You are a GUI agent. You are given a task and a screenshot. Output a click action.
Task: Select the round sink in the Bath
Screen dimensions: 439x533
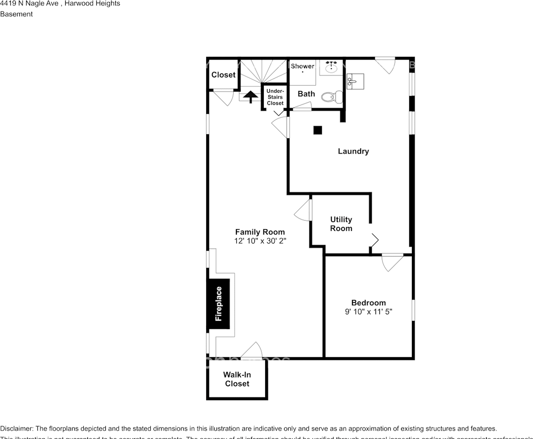[331, 69]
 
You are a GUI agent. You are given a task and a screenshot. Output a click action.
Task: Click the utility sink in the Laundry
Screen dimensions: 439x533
[355, 81]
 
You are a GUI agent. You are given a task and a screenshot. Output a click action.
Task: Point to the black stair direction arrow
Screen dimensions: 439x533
[250, 97]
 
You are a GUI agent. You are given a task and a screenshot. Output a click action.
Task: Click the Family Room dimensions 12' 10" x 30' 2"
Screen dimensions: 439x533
[260, 241]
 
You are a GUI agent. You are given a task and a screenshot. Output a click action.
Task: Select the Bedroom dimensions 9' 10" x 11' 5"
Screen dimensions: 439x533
[368, 312]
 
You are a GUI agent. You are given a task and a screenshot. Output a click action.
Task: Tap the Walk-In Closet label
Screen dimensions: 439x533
[237, 379]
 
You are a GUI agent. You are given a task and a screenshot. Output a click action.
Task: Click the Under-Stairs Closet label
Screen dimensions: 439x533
[275, 97]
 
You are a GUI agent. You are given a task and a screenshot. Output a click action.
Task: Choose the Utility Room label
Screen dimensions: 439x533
[341, 224]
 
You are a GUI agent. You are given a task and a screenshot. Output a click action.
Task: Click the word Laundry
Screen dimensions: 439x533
[353, 151]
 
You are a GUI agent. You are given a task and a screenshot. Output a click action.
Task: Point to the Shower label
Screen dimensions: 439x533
[303, 66]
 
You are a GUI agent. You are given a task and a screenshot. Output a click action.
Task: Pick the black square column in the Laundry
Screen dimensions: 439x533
[318, 130]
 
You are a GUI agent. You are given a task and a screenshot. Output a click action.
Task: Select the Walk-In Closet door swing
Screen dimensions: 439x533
[252, 350]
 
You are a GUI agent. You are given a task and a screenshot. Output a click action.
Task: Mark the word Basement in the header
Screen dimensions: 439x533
[16, 14]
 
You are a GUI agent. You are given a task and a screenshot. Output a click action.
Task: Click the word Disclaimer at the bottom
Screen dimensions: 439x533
[16, 428]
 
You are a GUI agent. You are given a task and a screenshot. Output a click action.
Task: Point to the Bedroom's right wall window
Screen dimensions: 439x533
[413, 310]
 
